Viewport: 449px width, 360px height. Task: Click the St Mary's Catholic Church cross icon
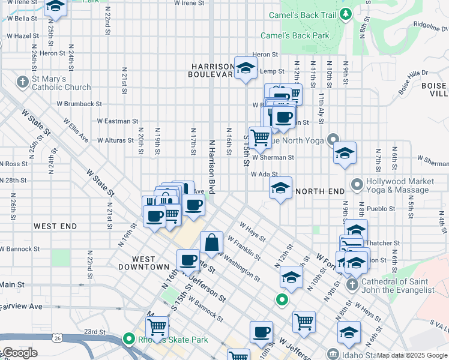pyautogui.click(x=23, y=81)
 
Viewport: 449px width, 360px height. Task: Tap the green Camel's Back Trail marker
pyautogui.click(x=345, y=13)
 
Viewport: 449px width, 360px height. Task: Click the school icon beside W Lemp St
pyautogui.click(x=245, y=69)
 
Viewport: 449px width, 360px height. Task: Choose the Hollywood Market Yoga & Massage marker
pyautogui.click(x=357, y=184)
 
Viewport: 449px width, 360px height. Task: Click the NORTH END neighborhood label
pyautogui.click(x=319, y=191)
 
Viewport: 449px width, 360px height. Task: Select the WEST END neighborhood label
pyautogui.click(x=55, y=226)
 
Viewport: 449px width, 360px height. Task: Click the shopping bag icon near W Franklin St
pyautogui.click(x=211, y=244)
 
